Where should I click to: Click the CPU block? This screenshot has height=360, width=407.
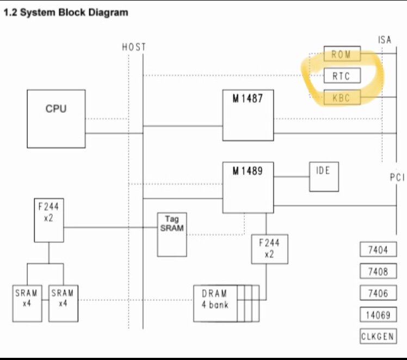click(56, 118)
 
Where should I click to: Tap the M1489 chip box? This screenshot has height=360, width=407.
click(248, 187)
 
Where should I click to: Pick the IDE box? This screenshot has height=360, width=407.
click(324, 176)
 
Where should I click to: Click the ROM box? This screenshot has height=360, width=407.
click(342, 54)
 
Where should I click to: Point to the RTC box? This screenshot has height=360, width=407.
click(342, 76)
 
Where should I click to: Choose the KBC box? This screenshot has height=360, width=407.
click(342, 97)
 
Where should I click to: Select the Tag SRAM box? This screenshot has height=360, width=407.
click(172, 234)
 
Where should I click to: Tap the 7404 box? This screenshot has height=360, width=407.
click(378, 250)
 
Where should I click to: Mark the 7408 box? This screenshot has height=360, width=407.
click(378, 271)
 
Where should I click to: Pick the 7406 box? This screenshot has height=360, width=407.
click(378, 293)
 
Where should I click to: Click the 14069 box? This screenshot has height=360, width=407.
click(378, 314)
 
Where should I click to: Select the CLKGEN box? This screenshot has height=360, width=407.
click(378, 336)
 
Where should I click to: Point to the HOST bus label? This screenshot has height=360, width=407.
click(134, 47)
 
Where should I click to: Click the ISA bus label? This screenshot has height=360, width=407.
click(384, 40)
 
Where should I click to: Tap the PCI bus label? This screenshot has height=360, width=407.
click(397, 178)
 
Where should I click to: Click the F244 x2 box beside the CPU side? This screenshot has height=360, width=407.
click(49, 220)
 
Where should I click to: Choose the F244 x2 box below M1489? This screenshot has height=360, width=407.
click(269, 249)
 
